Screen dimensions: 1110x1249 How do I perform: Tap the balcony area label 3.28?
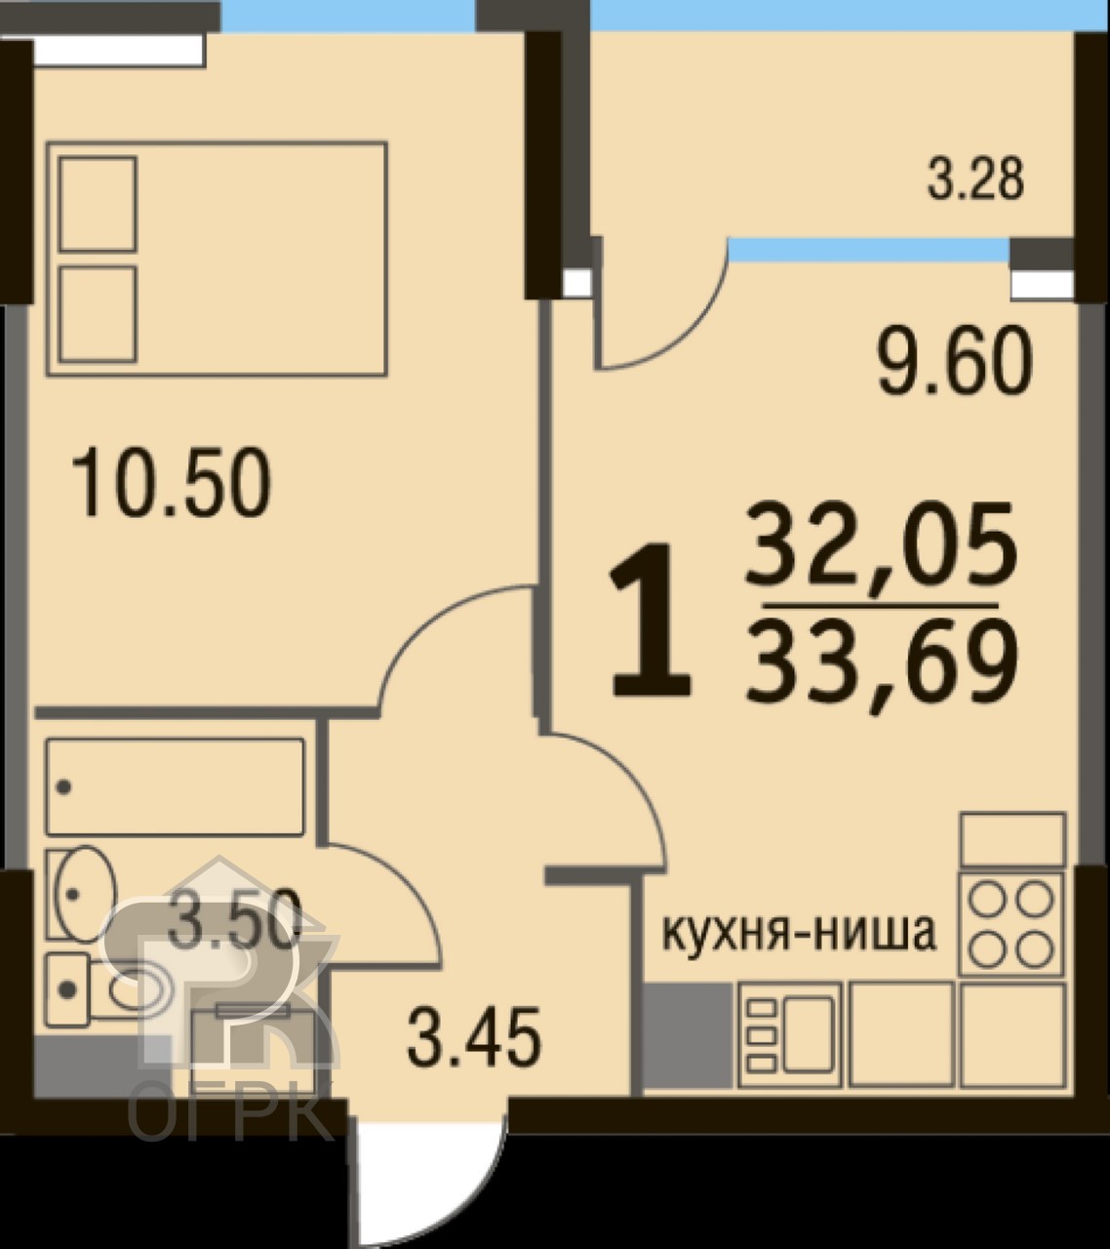975,180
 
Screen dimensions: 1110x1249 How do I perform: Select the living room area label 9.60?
955,361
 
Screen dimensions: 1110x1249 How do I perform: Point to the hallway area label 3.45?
474,1036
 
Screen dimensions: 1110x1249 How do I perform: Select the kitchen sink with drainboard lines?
791,1035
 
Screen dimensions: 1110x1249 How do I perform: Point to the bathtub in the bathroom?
175,786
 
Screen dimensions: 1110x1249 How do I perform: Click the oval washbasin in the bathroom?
82,893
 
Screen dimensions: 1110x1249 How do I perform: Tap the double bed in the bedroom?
217,259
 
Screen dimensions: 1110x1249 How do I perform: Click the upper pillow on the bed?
98,204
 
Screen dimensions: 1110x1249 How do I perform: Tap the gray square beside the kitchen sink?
688,1035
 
